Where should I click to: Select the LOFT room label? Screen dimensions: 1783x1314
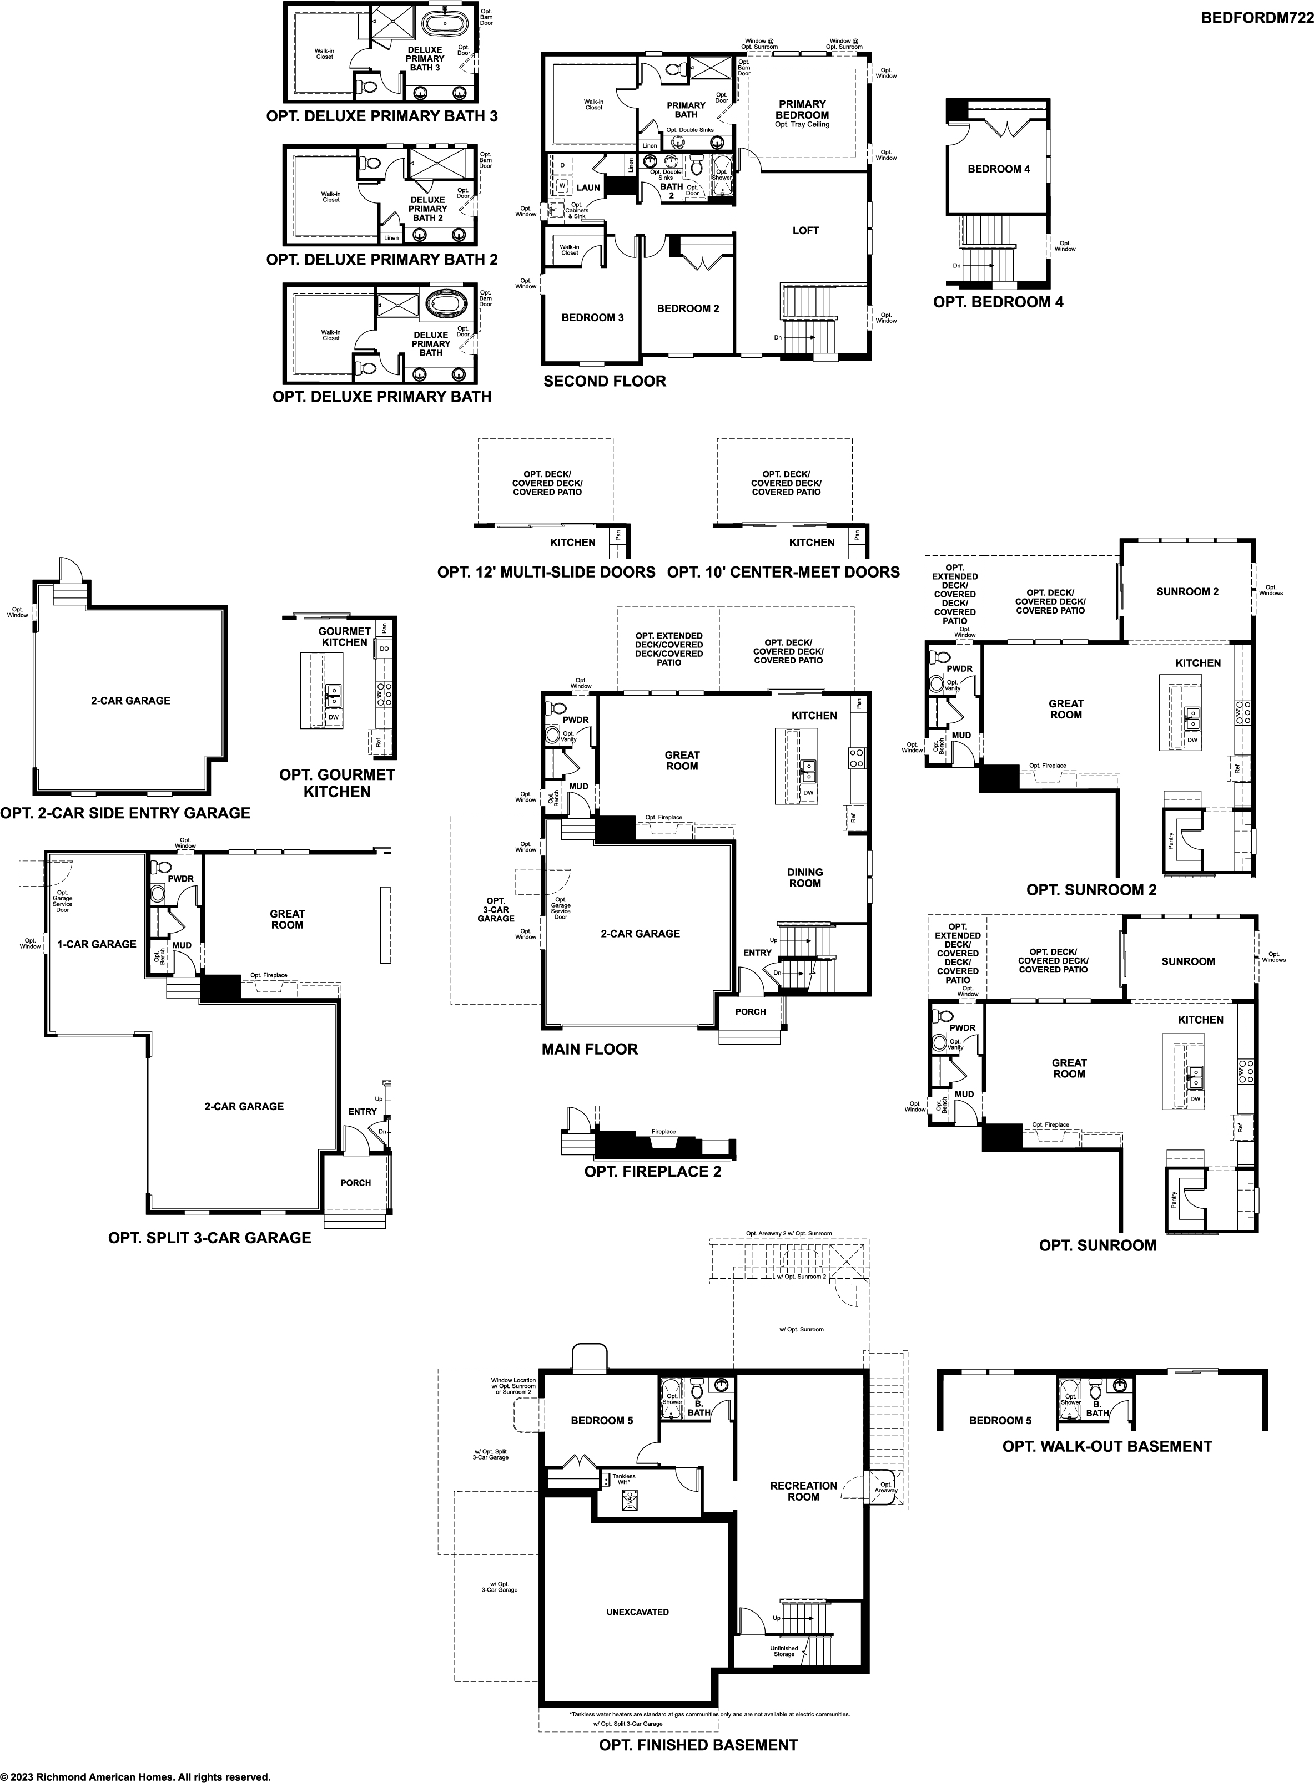(805, 231)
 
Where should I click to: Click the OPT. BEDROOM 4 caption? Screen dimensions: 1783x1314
(998, 302)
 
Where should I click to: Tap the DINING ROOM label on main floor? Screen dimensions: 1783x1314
(805, 878)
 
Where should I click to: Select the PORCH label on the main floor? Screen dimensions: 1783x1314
(750, 1012)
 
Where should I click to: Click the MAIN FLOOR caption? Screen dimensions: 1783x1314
(590, 1049)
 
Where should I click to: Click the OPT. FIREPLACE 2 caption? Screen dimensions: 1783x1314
(652, 1172)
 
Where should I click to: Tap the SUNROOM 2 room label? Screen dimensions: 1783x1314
(1187, 591)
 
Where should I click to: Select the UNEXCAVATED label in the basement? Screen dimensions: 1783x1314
(637, 1612)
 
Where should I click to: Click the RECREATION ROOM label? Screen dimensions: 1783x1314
(803, 1491)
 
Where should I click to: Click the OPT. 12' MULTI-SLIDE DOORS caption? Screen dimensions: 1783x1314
(546, 573)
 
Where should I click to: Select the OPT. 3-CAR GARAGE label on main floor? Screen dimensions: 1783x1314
(496, 909)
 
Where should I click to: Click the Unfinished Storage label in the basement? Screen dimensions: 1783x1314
(783, 1651)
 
